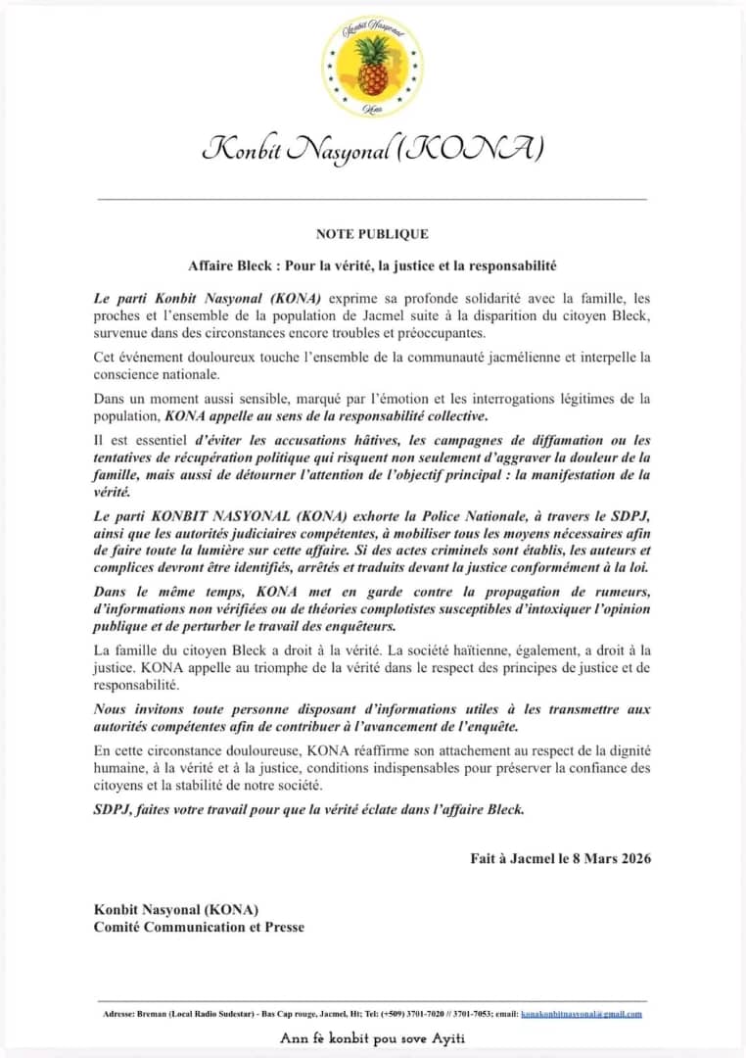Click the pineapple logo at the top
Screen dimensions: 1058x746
click(x=372, y=66)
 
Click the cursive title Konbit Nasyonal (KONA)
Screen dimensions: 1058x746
click(x=372, y=149)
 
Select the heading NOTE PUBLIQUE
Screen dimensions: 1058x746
click(x=372, y=234)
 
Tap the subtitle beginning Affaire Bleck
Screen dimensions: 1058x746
click(x=372, y=265)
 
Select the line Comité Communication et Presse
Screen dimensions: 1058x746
click(x=199, y=927)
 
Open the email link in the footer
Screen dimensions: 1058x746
click(x=582, y=1014)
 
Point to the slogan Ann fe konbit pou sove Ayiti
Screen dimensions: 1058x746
click(x=373, y=1038)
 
